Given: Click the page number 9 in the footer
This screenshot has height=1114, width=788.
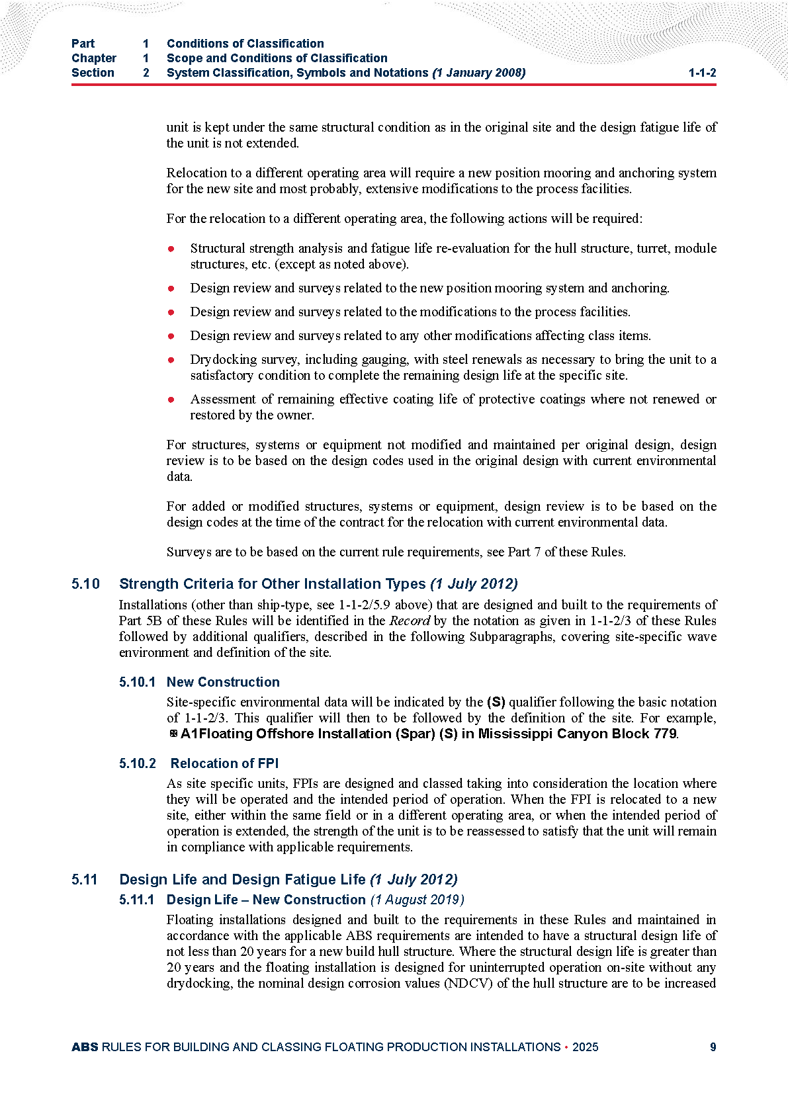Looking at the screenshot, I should (x=713, y=1047).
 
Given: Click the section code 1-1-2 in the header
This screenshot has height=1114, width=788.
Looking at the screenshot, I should (x=702, y=73).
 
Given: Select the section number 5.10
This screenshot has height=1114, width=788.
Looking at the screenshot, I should (x=85, y=584).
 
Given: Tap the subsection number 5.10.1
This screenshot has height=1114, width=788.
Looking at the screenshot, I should (x=137, y=682).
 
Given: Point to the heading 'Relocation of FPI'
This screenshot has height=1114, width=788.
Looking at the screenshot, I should (x=224, y=763).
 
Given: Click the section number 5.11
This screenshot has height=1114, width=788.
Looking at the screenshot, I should (x=85, y=880).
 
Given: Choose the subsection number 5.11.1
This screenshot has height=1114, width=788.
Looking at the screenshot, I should (x=136, y=900).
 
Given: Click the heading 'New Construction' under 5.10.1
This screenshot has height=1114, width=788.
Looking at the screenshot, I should (x=223, y=682).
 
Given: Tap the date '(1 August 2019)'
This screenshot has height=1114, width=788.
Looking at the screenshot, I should (x=417, y=900).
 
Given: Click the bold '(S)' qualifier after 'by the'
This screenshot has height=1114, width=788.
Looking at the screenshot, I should (x=496, y=702).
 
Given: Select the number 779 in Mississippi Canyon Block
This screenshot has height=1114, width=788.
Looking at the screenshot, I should (x=665, y=734).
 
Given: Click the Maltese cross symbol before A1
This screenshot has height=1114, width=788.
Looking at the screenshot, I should (x=173, y=734).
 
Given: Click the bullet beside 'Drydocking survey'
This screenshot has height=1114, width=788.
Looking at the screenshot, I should (x=171, y=360).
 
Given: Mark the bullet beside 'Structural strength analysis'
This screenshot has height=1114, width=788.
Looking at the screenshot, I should (x=171, y=249).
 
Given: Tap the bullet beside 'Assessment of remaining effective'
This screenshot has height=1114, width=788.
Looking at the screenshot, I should (x=171, y=400).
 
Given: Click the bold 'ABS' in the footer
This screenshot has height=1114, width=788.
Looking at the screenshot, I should (x=85, y=1047).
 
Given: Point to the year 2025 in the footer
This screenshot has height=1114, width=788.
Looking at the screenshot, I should (x=585, y=1047).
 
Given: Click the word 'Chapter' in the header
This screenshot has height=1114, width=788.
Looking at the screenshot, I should (x=93, y=58).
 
